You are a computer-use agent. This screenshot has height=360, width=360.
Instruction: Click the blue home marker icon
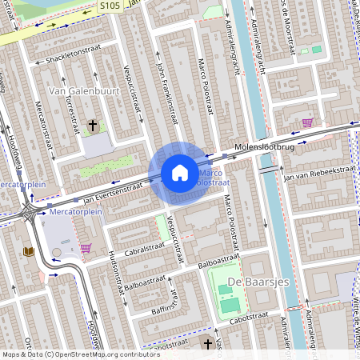point(180,172)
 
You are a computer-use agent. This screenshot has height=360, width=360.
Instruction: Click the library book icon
point(30,251)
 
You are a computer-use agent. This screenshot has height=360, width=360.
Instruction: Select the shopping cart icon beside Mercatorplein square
point(86,248)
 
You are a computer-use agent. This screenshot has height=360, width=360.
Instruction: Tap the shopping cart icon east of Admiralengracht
point(307,122)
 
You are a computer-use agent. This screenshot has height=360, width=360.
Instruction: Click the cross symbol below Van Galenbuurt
point(93,126)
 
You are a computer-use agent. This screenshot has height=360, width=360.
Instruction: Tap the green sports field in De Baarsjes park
point(229,305)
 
